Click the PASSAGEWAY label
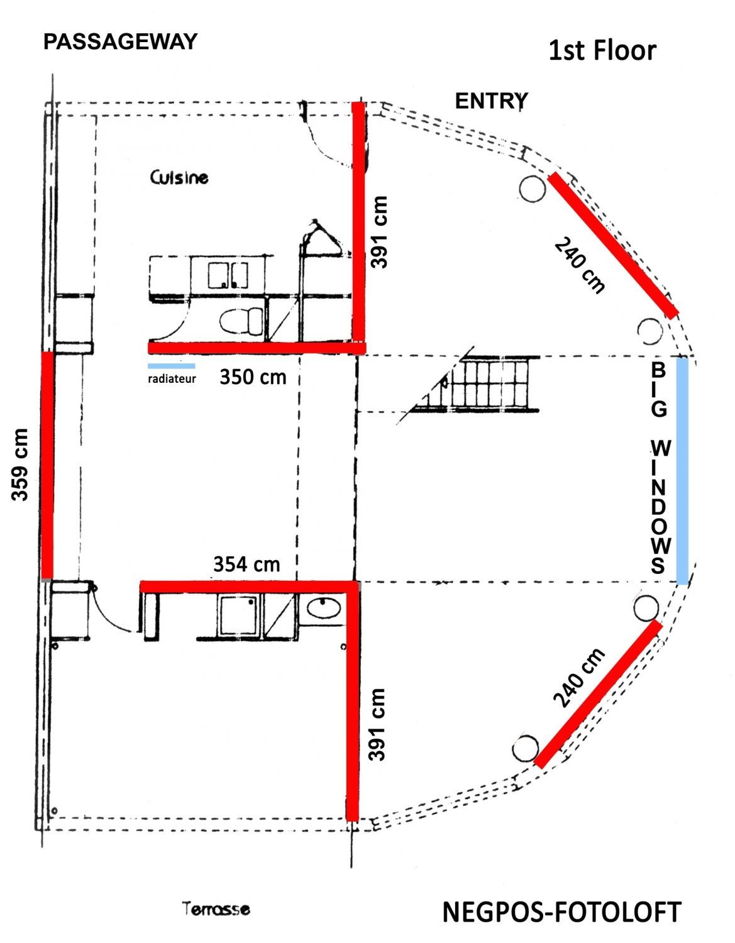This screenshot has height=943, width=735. (x=121, y=42)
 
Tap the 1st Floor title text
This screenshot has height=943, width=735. (x=602, y=50)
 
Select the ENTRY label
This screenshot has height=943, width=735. (x=491, y=102)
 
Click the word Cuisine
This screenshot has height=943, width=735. (x=179, y=177)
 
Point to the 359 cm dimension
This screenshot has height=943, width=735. (x=19, y=465)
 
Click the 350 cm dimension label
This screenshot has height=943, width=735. (x=253, y=377)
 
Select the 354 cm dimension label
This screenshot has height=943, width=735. (x=246, y=565)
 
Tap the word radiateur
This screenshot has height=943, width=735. (x=172, y=379)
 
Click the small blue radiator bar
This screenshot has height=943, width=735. (x=172, y=366)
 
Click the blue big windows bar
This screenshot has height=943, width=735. (x=683, y=471)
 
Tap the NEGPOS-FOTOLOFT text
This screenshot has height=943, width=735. (x=561, y=913)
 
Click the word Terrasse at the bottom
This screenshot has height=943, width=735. (x=216, y=908)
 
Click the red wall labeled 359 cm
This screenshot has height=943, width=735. (x=47, y=465)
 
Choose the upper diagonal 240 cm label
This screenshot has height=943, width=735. (x=579, y=265)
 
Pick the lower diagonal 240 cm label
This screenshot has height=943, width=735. (x=579, y=678)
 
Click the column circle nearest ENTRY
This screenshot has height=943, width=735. (x=532, y=189)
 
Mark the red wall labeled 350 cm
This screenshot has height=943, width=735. (x=257, y=348)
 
